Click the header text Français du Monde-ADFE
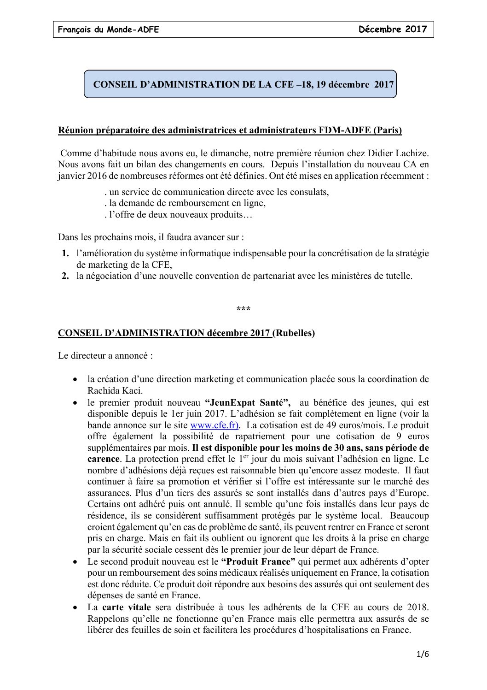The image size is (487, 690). tap(108, 30)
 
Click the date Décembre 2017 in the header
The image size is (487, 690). tap(393, 29)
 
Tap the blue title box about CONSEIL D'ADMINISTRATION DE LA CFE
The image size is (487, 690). tap(240, 84)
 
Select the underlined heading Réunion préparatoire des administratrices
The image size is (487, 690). tap(230, 130)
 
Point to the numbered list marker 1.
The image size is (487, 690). tap(65, 254)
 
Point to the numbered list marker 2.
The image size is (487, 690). tap(65, 276)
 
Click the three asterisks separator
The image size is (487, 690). tap(243, 309)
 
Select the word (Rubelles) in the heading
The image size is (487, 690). tap(294, 333)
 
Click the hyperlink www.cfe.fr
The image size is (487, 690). tap(214, 425)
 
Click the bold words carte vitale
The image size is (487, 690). tap(127, 607)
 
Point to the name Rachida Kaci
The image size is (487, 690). tap(114, 391)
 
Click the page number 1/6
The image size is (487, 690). tap(422, 654)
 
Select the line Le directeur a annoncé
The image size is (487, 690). tap(105, 356)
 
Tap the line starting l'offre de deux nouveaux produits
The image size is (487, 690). tap(179, 215)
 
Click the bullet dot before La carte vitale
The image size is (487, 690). tap(75, 608)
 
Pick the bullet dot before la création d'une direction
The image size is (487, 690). tap(75, 379)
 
